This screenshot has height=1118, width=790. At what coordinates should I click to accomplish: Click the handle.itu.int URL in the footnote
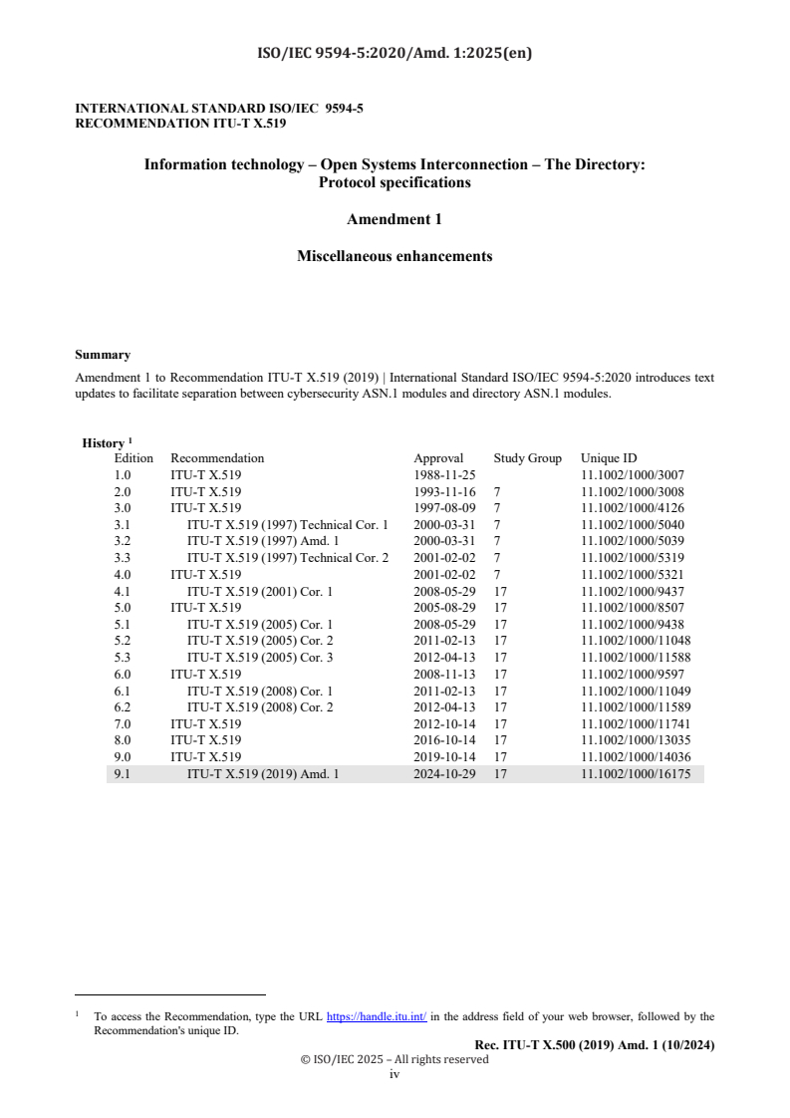377,1017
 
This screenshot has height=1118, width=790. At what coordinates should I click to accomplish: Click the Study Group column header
527,458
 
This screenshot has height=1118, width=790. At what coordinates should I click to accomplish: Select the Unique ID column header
609,458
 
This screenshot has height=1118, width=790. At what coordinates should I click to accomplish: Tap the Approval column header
438,458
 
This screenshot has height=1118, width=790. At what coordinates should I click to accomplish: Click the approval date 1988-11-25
445,475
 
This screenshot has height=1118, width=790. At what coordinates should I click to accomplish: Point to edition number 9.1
124,772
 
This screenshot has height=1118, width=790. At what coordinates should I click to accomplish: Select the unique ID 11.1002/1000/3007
632,475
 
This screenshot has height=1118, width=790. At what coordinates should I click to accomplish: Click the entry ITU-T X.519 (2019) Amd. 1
263,772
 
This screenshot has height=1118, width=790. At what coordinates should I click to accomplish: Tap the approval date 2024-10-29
445,772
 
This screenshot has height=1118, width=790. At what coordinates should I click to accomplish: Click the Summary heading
103,355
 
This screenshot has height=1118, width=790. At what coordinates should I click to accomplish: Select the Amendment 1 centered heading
395,219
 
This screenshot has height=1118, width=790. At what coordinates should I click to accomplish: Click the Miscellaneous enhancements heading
395,256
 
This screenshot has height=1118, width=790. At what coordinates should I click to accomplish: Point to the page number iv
395,1074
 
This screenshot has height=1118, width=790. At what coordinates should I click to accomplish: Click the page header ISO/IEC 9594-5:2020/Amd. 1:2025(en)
395,54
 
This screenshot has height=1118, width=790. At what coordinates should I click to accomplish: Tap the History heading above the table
104,443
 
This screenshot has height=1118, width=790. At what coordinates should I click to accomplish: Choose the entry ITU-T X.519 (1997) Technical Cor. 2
288,558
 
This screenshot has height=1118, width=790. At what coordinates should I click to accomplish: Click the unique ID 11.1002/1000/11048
636,641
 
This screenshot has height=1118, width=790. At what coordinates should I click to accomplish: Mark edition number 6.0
124,674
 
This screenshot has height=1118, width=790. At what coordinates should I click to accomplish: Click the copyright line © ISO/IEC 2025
395,1059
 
